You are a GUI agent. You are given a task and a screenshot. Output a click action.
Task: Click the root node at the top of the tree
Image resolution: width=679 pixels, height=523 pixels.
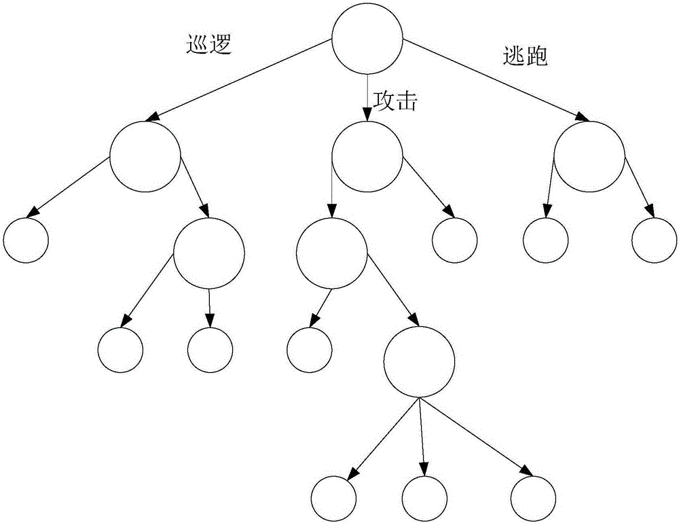click(367, 39)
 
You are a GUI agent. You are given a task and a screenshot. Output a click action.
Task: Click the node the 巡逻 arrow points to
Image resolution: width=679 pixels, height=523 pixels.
click(146, 156)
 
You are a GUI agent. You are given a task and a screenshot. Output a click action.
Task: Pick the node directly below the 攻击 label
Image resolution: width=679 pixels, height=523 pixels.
click(367, 156)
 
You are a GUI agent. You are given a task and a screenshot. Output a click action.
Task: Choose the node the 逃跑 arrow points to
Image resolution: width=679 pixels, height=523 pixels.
click(589, 156)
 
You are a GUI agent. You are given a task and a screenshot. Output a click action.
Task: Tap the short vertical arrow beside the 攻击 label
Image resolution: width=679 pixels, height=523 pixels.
click(367, 98)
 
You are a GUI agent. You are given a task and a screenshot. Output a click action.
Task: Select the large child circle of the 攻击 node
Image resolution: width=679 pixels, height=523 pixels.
click(331, 254)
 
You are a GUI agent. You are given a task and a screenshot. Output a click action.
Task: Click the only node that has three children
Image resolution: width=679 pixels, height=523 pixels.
click(419, 363)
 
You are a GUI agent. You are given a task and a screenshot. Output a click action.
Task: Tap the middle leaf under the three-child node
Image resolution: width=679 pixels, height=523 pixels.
click(425, 498)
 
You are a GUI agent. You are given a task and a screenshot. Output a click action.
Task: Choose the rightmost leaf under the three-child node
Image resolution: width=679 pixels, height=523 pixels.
click(534, 498)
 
